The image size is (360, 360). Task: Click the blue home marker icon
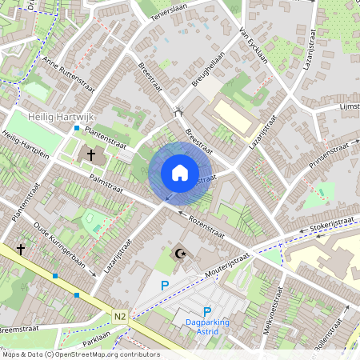(180, 172)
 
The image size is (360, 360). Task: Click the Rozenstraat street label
(206, 223)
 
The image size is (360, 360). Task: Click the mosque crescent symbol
(180, 254)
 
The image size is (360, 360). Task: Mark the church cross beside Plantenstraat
(90, 154)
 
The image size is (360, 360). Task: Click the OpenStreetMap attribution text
(80, 354)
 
